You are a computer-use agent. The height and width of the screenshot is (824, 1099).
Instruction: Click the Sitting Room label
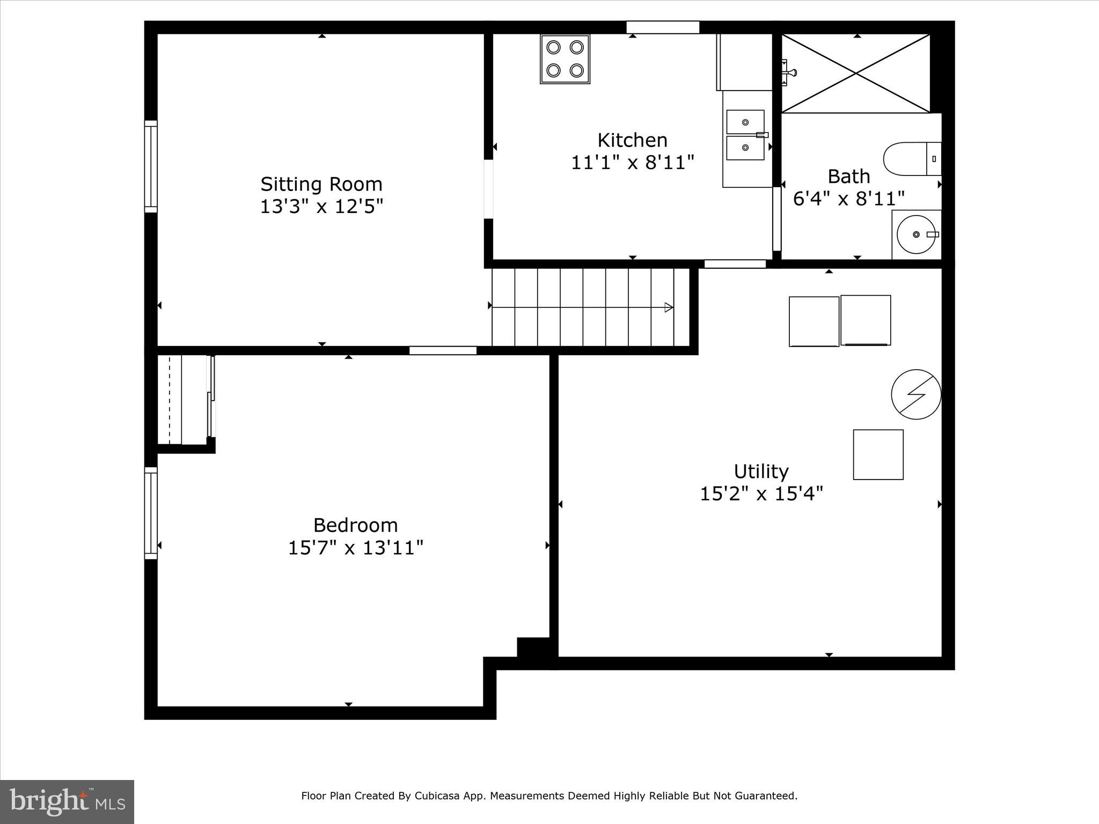(321, 184)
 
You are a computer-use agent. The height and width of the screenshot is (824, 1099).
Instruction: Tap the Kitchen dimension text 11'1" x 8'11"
(632, 163)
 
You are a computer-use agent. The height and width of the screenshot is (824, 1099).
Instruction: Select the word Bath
(848, 176)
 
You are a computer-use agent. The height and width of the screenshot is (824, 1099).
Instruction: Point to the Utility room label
(761, 472)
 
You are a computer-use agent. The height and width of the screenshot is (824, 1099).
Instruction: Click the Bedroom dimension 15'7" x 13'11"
(355, 548)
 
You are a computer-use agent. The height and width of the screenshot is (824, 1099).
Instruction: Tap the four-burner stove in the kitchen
(565, 59)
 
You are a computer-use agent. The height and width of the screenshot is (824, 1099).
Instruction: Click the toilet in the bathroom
(912, 159)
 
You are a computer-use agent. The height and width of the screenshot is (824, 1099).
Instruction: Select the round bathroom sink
(916, 234)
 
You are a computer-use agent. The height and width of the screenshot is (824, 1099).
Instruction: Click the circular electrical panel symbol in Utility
(916, 394)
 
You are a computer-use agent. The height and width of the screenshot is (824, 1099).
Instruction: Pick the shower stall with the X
(855, 73)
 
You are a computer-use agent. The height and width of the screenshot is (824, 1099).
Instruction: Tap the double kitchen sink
(745, 135)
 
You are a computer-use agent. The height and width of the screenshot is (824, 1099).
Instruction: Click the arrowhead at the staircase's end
(669, 307)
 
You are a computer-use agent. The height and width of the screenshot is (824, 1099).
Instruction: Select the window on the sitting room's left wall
(151, 166)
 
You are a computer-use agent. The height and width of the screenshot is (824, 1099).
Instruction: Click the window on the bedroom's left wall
(151, 513)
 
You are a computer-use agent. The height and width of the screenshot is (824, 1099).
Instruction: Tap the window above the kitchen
(663, 27)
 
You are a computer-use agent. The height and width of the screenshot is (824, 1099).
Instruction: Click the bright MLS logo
(67, 801)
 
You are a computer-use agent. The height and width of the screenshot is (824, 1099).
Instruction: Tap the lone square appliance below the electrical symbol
(878, 454)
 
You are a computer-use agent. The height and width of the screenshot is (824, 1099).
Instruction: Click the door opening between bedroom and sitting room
(443, 350)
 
